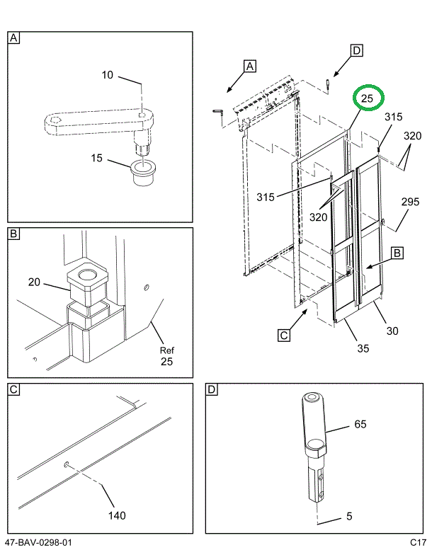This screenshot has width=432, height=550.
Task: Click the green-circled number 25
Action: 368,99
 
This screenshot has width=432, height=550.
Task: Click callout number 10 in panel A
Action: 107,75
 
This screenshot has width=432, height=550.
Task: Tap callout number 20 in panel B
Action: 34,283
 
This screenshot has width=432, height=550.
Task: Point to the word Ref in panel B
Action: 166,350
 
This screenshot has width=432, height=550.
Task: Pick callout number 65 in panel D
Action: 360,425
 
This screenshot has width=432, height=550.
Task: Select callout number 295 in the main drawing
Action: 411,202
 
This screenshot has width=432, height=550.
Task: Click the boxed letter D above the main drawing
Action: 357,50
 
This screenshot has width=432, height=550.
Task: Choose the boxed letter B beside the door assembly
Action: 397,251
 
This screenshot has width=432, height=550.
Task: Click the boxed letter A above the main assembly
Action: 249,66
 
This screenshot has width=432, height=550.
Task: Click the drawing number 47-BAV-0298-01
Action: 38,543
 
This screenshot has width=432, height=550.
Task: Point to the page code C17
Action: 417,543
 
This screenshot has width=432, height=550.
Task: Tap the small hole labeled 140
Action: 66,465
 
